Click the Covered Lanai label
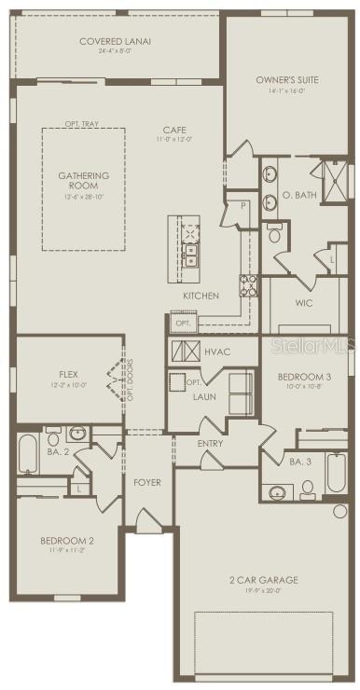(116, 41)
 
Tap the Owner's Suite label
(287, 80)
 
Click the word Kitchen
(201, 296)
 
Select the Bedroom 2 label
(67, 540)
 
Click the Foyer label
(147, 483)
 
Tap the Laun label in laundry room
(205, 396)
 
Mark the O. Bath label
(298, 196)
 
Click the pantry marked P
(242, 205)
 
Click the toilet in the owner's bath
(275, 236)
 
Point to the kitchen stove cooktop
(250, 285)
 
